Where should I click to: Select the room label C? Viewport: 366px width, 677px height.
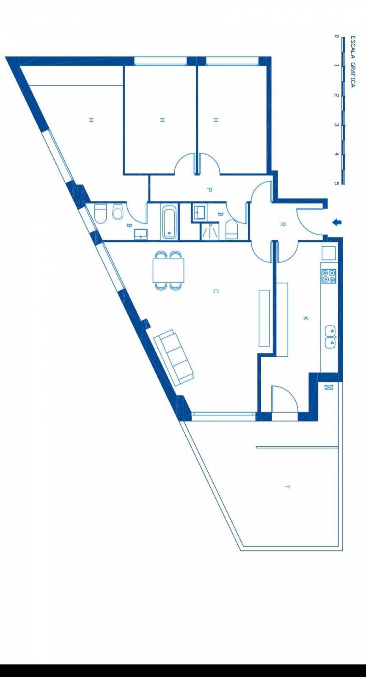(215, 291)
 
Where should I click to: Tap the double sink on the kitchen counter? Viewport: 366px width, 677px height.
(330, 337)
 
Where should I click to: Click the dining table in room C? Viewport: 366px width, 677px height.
(168, 270)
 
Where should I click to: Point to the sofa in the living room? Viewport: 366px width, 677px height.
(174, 358)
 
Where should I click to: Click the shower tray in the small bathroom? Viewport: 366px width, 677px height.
(209, 231)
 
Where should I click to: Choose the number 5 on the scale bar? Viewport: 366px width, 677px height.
(336, 184)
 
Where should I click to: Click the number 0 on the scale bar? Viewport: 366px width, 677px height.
(336, 37)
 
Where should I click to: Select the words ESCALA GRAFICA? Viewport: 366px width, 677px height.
(353, 62)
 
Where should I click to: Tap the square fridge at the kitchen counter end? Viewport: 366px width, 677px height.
(329, 253)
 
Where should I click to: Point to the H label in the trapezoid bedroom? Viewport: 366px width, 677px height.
(91, 120)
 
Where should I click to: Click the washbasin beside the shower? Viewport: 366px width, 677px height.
(200, 212)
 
